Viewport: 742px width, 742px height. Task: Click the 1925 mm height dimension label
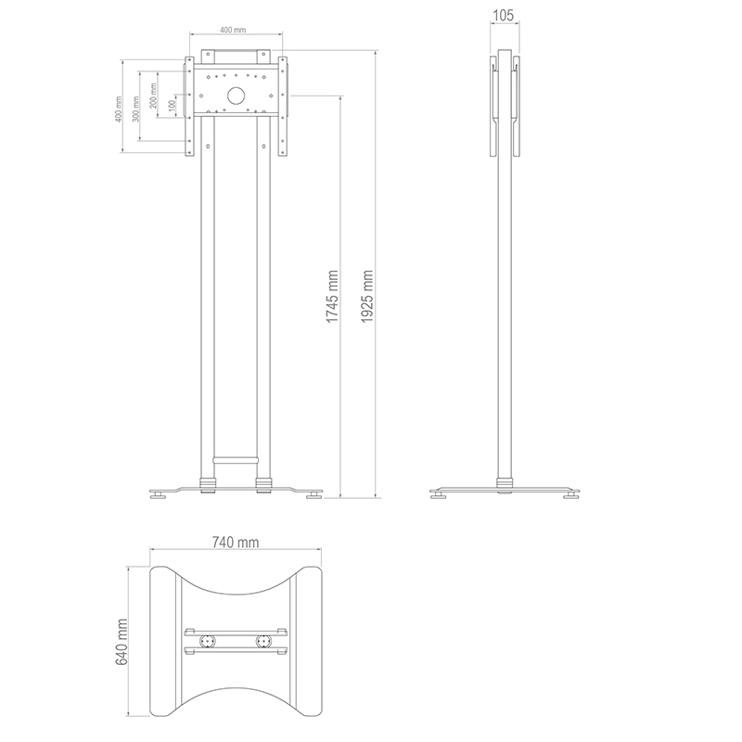click(x=366, y=297)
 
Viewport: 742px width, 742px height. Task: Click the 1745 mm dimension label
click(x=332, y=297)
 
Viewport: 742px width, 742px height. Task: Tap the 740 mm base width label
click(x=236, y=542)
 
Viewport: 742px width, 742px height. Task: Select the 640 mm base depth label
click(x=122, y=641)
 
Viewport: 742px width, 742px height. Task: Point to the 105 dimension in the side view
click(x=503, y=16)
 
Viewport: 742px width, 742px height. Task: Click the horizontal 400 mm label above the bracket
click(x=233, y=30)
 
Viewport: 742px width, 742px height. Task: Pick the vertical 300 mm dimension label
click(x=135, y=109)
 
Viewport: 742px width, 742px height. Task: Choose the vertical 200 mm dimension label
click(x=153, y=96)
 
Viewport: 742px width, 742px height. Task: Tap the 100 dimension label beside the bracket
click(x=173, y=105)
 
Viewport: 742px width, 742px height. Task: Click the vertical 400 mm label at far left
click(x=119, y=109)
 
